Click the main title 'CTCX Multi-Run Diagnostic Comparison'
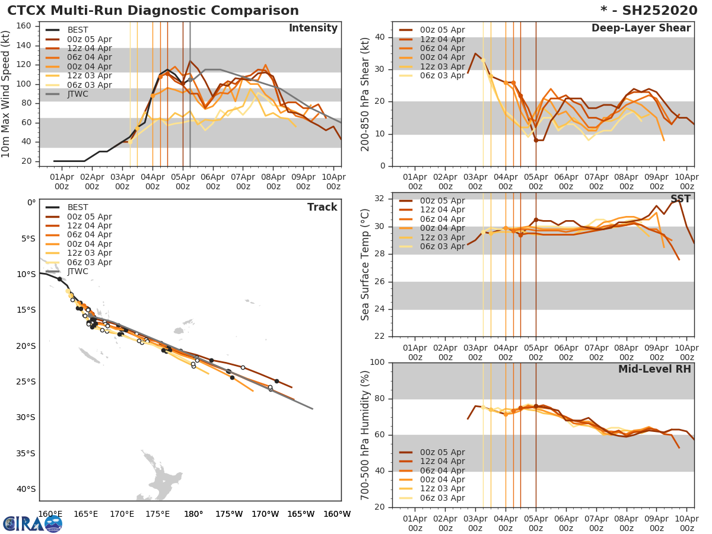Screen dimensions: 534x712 153,11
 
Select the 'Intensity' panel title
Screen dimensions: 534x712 313,28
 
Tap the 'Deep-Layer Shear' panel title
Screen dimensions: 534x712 641,28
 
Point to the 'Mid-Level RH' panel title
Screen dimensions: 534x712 654,369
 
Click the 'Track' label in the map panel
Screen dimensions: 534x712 322,207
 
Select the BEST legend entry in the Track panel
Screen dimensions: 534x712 78,207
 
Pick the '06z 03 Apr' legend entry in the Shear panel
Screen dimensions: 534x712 442,75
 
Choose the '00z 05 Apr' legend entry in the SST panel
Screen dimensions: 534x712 442,201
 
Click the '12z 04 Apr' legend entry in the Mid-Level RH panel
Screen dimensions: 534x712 442,461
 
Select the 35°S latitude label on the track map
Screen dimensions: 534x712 26,453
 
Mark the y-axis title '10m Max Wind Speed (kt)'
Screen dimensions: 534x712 7,95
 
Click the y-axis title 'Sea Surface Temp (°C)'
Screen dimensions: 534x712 365,265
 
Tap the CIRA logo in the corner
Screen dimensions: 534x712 32,523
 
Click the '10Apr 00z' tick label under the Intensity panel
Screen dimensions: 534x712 333,181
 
